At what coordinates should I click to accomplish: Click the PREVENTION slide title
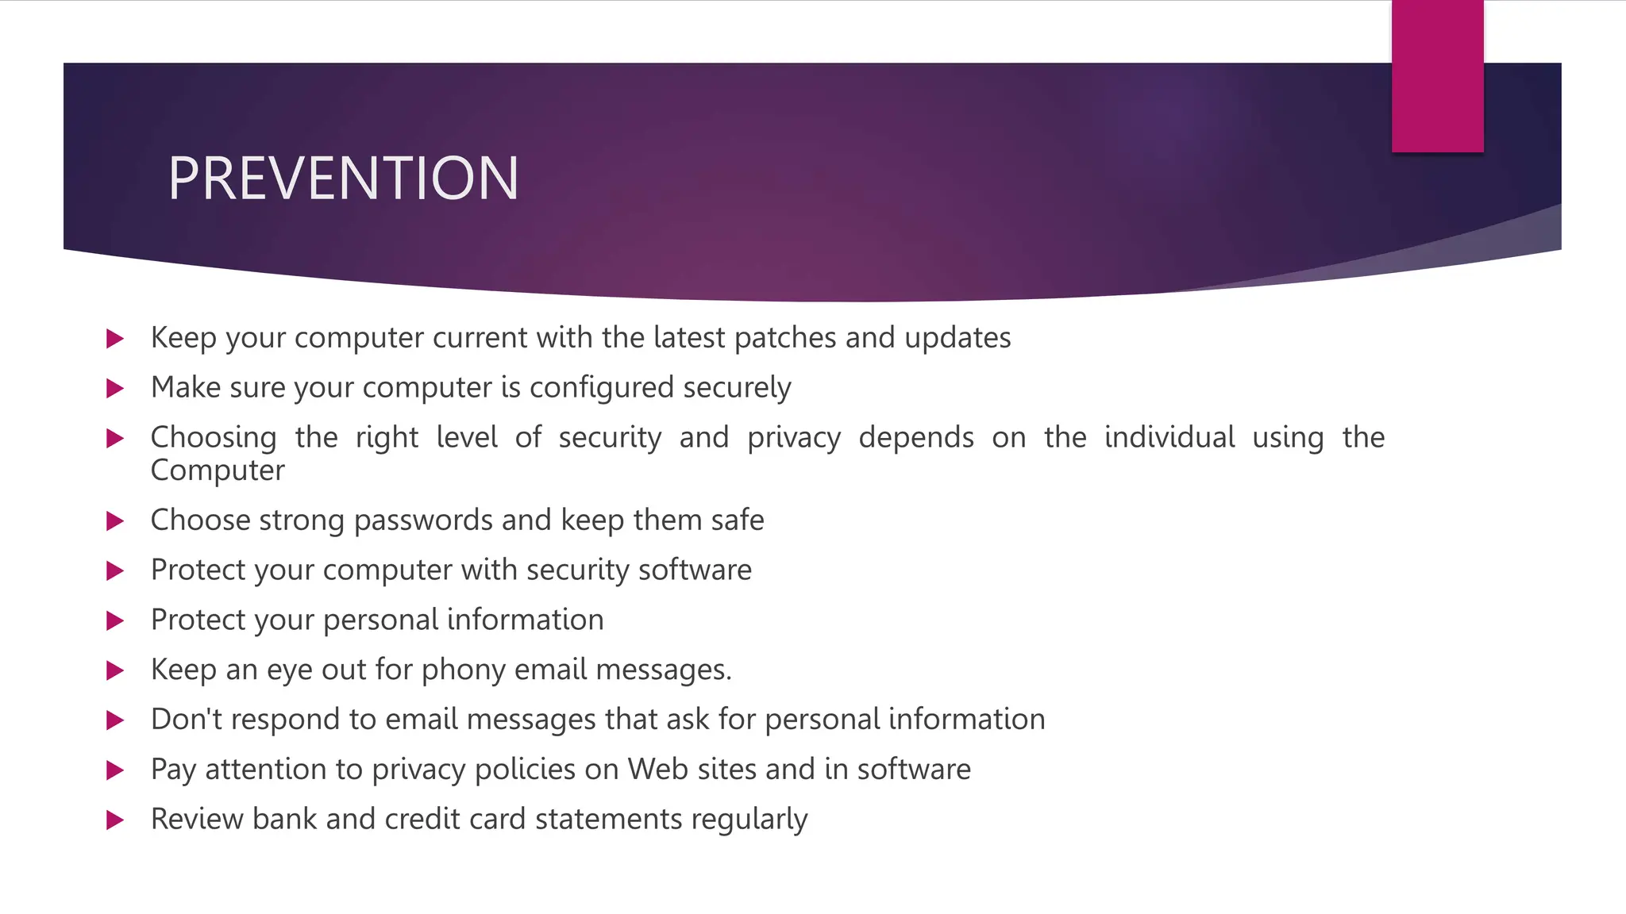pos(343,179)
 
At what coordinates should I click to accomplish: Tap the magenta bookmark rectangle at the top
pos(1437,76)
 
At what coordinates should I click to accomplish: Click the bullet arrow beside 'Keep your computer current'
pos(115,339)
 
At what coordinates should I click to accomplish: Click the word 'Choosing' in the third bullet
pos(214,438)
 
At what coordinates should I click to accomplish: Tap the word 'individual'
pos(1169,438)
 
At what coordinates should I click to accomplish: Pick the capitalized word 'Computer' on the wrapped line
pos(218,470)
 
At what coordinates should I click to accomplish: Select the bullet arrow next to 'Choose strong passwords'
pos(115,521)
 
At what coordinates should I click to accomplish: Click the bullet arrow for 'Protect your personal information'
pos(115,620)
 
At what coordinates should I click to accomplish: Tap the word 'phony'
pos(463,670)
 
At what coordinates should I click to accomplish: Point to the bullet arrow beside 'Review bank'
pos(115,820)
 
